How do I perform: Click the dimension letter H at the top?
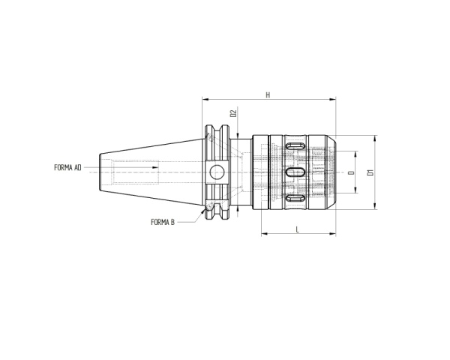pos(268,95)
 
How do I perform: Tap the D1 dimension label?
pos(369,173)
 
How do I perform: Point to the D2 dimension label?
pos(233,113)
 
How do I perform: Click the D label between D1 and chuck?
pos(351,173)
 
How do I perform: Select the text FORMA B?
pos(163,222)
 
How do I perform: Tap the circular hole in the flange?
pos(217,172)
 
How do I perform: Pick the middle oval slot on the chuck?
pos(295,172)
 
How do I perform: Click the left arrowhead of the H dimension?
pos(204,100)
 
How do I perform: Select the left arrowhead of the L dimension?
pos(263,234)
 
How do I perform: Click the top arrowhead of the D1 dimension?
pos(374,138)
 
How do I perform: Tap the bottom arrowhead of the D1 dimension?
pos(374,208)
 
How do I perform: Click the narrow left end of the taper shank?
pos(102,172)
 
